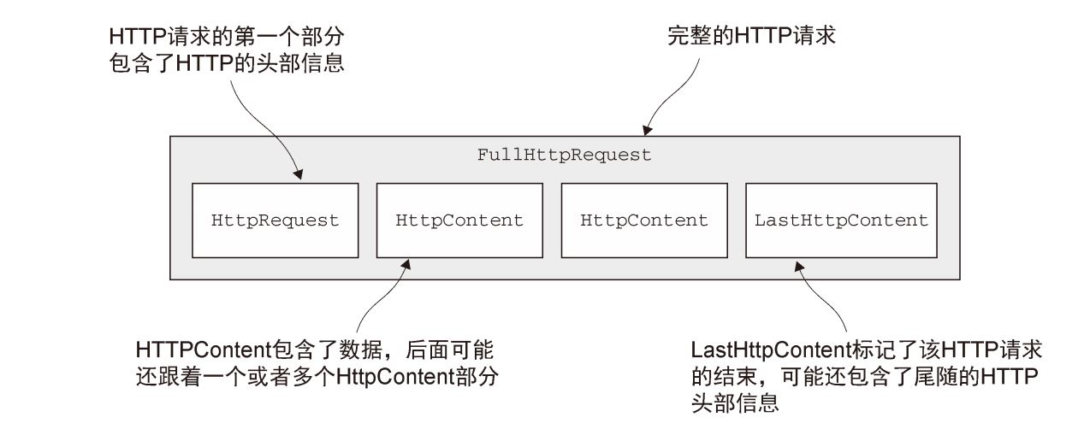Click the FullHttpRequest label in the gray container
(564, 156)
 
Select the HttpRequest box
(275, 220)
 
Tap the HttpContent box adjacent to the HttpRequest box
(459, 220)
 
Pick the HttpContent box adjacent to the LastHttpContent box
(644, 220)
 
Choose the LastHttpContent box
(841, 220)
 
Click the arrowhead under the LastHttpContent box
(799, 266)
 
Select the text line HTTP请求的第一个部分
(228, 37)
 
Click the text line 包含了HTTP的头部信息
(228, 63)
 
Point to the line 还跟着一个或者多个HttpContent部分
(317, 376)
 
